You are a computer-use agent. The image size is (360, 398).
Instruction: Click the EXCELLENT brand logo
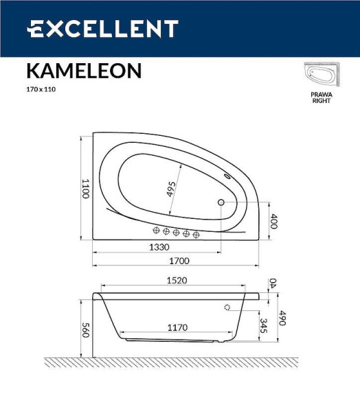click(x=103, y=29)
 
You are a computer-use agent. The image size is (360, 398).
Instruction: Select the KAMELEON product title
click(x=84, y=71)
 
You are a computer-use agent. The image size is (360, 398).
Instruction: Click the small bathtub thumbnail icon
click(x=322, y=75)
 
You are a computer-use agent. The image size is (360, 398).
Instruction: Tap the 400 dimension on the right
click(x=273, y=222)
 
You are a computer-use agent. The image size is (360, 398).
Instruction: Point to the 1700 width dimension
click(x=179, y=261)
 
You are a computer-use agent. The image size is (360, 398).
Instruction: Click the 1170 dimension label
click(x=177, y=328)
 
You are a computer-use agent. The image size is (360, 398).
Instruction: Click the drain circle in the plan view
click(x=221, y=202)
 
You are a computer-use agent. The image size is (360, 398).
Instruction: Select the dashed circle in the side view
click(x=227, y=308)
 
